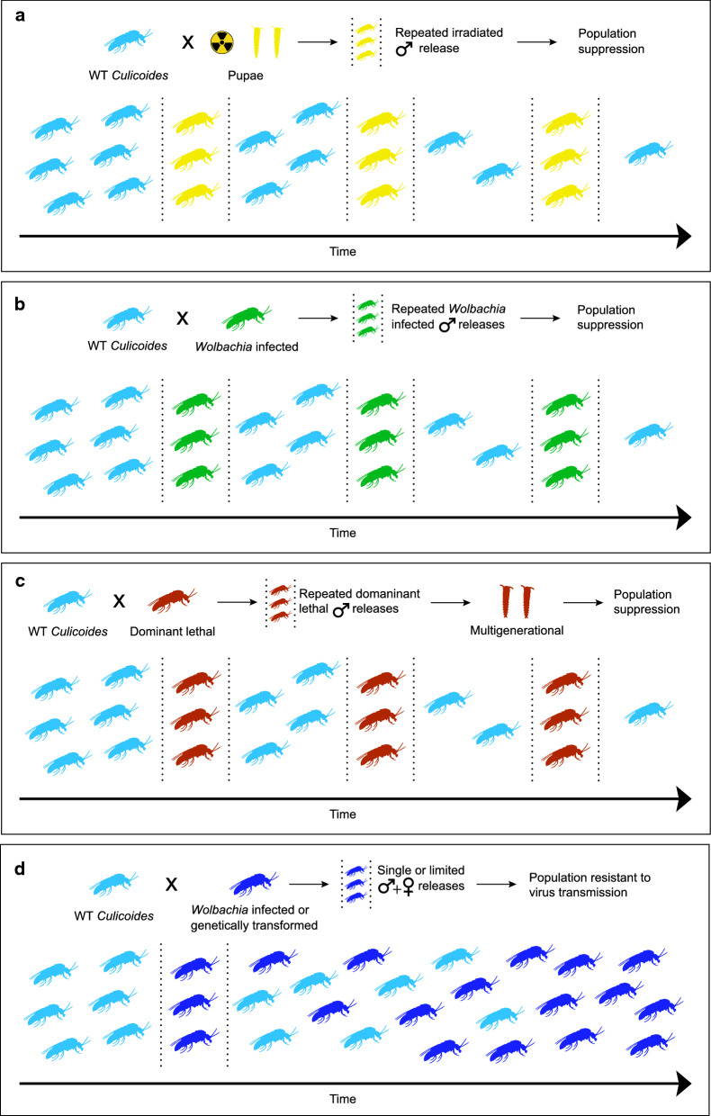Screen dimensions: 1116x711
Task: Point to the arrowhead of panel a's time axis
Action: tap(681, 236)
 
